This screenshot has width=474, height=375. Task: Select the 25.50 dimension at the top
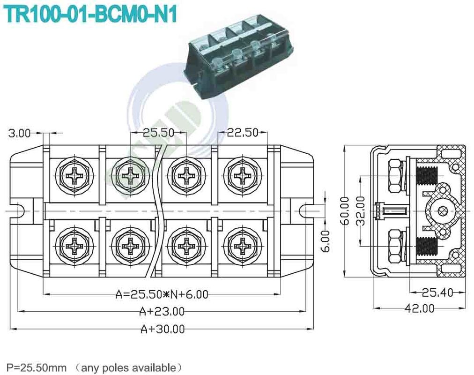(158, 133)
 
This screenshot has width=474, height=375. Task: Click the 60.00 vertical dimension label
(345, 211)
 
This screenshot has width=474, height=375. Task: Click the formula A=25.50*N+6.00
(162, 294)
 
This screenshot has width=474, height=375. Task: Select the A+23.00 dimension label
(162, 311)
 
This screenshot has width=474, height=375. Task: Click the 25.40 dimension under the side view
(437, 293)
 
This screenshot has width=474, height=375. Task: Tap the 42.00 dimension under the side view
(419, 308)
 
